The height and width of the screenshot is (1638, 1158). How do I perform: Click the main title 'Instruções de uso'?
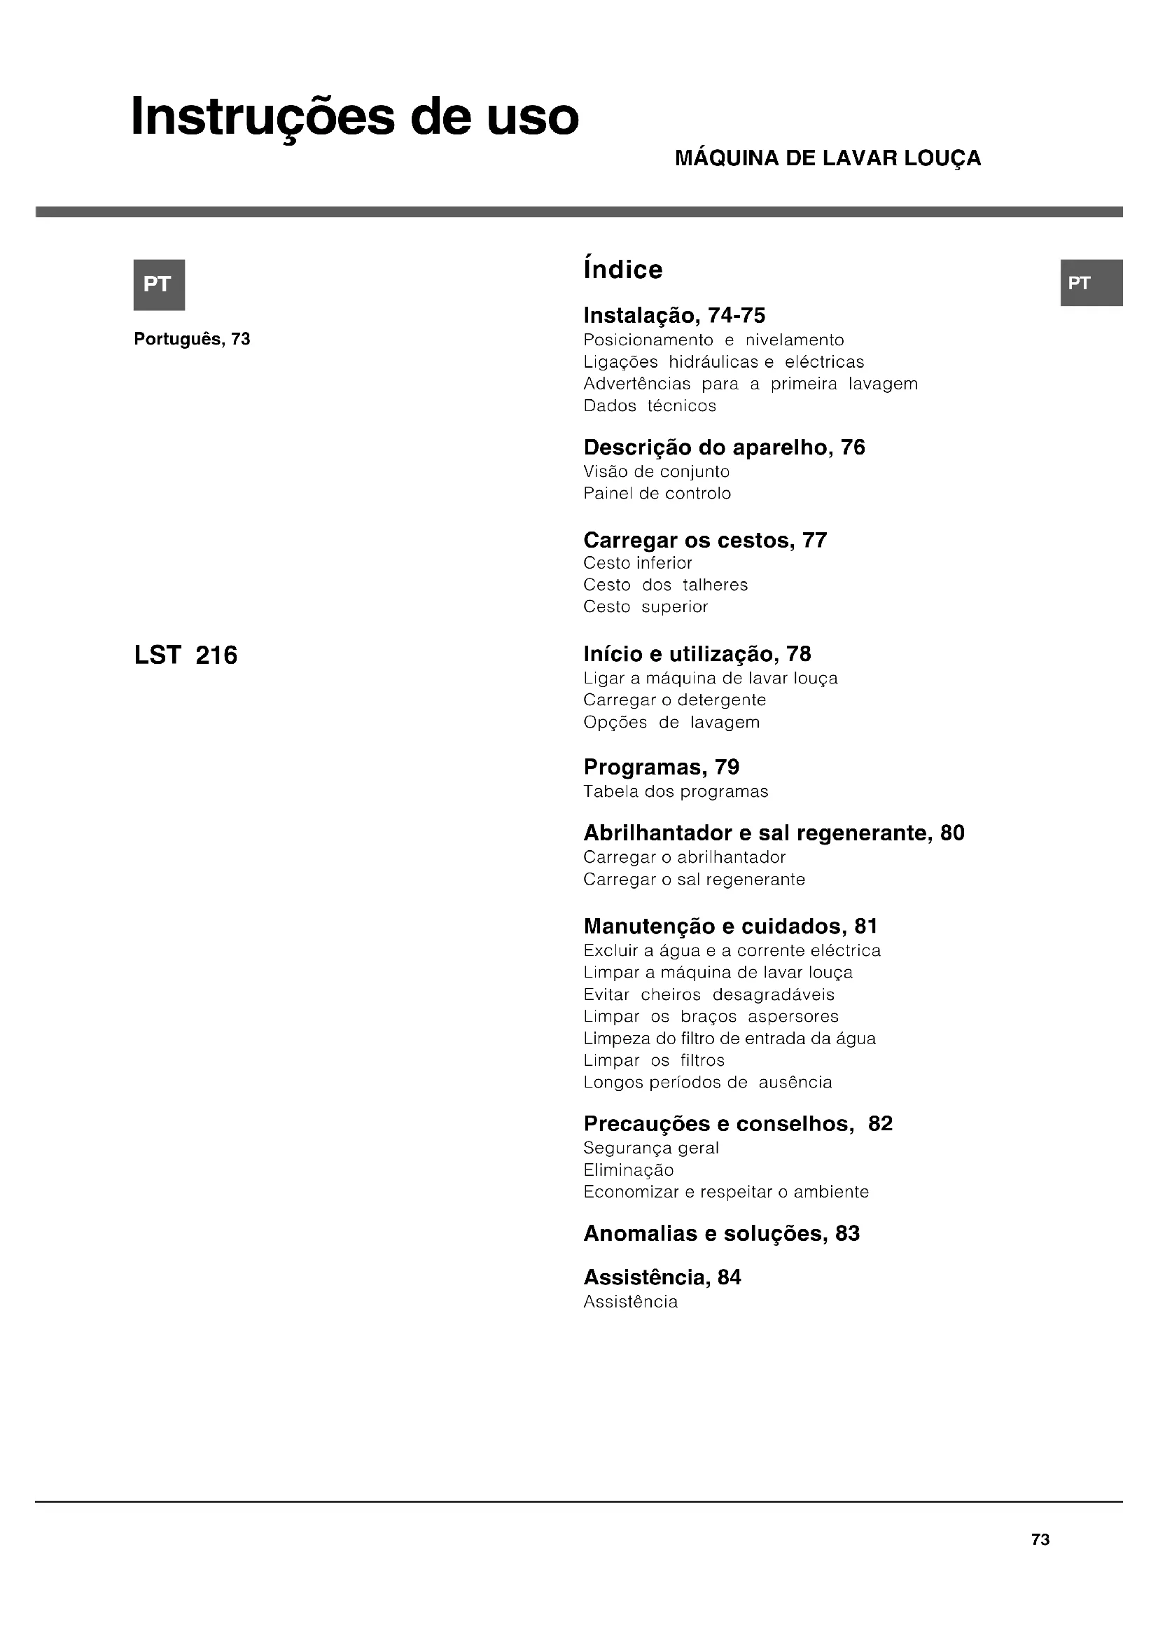point(354,118)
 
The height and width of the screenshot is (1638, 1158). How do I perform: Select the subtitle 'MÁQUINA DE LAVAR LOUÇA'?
point(827,158)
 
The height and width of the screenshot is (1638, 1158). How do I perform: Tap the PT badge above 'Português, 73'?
point(159,284)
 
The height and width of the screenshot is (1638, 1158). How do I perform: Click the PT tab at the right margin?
point(1091,283)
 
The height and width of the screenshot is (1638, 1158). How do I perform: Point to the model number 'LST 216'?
point(186,655)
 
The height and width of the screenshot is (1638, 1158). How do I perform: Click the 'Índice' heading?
point(622,270)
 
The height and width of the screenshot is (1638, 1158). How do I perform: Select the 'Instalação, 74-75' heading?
point(674,315)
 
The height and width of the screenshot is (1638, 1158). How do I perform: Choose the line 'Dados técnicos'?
point(650,406)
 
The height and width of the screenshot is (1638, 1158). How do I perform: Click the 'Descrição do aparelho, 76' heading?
point(724,447)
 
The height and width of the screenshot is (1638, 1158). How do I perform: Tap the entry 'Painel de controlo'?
point(657,494)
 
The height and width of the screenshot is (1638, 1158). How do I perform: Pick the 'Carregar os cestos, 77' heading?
point(704,540)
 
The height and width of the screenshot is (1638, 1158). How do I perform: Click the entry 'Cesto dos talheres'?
point(665,585)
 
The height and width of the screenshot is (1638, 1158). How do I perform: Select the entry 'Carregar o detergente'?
point(674,700)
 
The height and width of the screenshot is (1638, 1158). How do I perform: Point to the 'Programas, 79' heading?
point(661,767)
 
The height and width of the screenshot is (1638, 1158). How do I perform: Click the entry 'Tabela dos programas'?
point(675,791)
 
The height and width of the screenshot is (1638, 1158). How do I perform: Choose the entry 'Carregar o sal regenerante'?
point(694,880)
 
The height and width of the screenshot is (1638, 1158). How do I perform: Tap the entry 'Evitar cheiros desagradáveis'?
point(708,994)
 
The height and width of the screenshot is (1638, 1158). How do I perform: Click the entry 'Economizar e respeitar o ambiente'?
point(726,1191)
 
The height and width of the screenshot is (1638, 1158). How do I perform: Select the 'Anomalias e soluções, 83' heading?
point(721,1233)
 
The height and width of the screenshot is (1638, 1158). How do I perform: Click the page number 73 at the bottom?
point(1040,1539)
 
